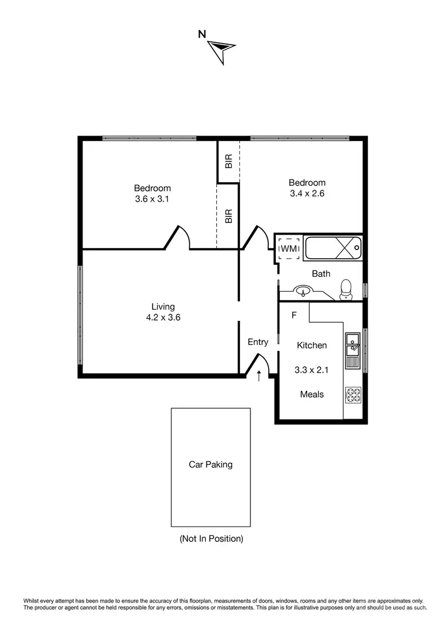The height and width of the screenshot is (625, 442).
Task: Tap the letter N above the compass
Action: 202,34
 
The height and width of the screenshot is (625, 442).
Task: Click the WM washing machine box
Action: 289,248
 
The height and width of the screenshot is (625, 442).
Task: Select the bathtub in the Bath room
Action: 332,248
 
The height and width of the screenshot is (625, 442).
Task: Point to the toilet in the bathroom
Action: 346,288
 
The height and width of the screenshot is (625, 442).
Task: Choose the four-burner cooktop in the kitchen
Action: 352,395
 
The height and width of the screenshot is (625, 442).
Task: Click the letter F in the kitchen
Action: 293,315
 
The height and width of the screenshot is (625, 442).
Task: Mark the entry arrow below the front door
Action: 259,375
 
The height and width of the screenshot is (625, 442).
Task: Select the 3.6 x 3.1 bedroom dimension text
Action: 153,199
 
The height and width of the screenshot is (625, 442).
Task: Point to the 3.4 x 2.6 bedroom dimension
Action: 307,193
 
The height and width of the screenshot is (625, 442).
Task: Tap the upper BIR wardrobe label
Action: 229,160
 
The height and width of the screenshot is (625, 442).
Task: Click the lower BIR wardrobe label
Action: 229,216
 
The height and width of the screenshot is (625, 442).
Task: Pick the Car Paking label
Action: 210,465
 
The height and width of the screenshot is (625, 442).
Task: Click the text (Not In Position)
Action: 211,538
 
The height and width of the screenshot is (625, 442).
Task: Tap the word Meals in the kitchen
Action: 312,394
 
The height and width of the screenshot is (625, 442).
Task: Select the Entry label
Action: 258,342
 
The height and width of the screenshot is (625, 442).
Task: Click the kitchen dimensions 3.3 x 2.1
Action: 311,370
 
